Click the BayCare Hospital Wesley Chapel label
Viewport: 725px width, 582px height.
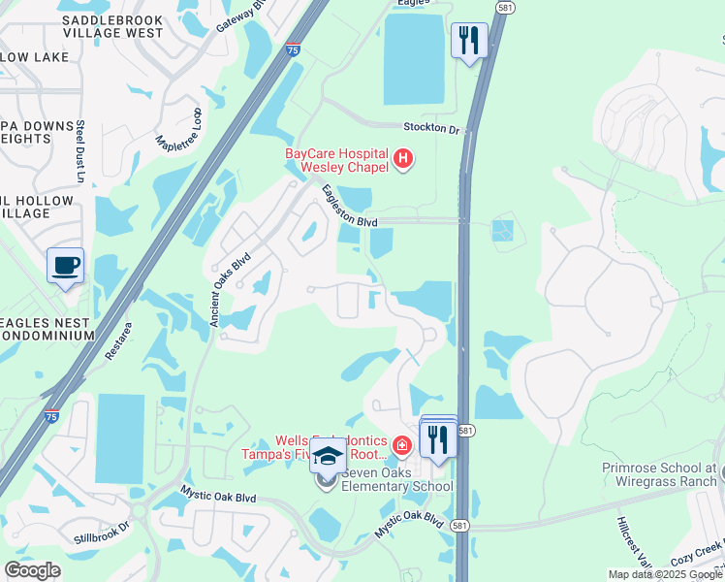(335, 160)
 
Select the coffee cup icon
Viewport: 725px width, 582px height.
(66, 266)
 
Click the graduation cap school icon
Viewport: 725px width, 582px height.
(329, 455)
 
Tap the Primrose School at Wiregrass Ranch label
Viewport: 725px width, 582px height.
(658, 473)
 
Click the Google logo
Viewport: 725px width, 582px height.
(32, 570)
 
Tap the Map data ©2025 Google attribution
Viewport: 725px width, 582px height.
(664, 574)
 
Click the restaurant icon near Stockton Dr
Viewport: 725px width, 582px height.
(469, 41)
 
